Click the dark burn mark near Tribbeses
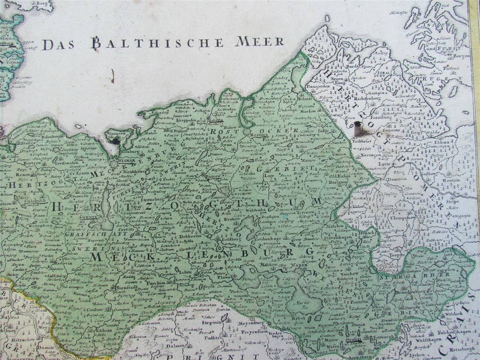(x=358, y=128)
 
